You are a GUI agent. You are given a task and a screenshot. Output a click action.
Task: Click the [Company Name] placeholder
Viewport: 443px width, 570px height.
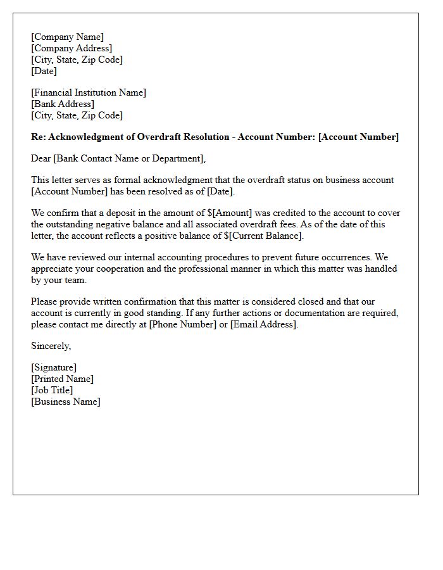[x=67, y=37]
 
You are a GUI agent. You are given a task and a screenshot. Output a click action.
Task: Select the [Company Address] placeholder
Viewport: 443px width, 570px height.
[x=72, y=48]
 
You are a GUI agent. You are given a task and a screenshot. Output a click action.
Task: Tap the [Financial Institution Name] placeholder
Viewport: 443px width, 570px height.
[x=89, y=92]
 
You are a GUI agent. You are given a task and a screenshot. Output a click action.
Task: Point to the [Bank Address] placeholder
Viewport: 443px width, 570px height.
[x=63, y=104]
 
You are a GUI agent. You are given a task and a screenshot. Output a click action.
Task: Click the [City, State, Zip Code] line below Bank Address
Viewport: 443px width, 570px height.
[x=77, y=115]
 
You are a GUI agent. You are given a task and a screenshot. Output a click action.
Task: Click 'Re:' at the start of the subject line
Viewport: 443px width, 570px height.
[x=38, y=137]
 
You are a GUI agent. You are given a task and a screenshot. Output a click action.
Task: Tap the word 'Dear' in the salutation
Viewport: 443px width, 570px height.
[x=41, y=158]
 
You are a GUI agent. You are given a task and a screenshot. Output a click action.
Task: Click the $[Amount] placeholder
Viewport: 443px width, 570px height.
[x=229, y=213]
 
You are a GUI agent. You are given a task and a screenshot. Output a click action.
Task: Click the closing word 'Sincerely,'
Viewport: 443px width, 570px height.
[x=51, y=346]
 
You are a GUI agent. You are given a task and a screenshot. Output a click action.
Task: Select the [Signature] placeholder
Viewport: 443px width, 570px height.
[x=54, y=367]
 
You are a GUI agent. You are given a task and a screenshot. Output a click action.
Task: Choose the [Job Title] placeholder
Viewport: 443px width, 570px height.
[x=52, y=390]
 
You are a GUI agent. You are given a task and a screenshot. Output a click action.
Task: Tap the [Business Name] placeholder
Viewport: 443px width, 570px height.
[x=66, y=402]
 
